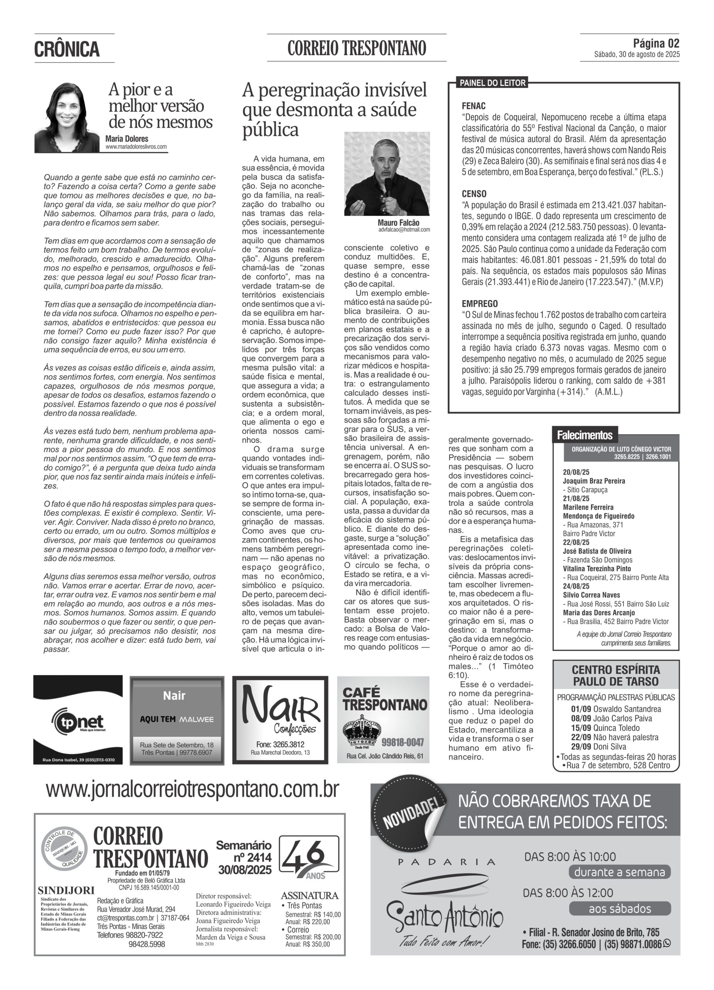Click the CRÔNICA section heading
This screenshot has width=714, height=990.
67,49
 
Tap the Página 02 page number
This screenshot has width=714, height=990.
656,43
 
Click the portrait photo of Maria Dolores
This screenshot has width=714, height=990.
67,117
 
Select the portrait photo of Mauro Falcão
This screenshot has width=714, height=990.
386,174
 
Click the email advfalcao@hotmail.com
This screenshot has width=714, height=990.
404,230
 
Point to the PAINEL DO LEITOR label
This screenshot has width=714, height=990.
492,83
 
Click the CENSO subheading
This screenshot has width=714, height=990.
474,194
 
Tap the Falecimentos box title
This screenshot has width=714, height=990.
584,435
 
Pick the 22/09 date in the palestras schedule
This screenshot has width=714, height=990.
581,737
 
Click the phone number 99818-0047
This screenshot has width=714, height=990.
402,742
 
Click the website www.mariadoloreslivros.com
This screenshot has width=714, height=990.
136,147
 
